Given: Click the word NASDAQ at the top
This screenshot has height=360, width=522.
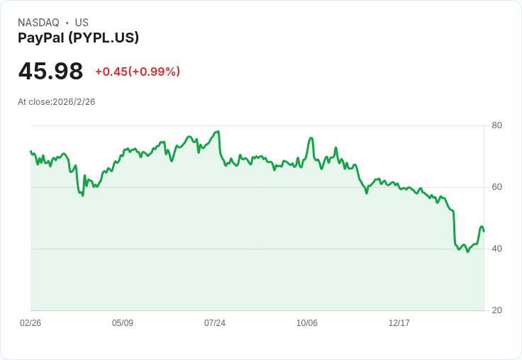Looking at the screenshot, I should [x=38, y=23].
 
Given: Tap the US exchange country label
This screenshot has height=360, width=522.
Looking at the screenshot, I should [x=82, y=23].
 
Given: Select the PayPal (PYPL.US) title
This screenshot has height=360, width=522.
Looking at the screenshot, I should [x=78, y=38].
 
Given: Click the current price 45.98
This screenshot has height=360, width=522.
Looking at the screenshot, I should [x=50, y=72].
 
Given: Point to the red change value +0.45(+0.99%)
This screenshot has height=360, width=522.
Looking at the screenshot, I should [x=138, y=72].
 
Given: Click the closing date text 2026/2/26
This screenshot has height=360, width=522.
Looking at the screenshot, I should [x=74, y=102].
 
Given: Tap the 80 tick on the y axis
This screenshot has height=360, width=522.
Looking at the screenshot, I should [x=496, y=125].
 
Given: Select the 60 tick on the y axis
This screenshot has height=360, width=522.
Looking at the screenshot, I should [x=496, y=187].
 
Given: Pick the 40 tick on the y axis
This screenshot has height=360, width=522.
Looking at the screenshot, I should [x=496, y=249].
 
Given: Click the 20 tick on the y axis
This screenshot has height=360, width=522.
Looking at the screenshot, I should [x=496, y=310].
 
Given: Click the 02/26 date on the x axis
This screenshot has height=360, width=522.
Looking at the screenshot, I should [x=30, y=323].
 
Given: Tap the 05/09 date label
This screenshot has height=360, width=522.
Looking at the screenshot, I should [x=123, y=323].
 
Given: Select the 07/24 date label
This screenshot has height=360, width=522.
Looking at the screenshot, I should [x=215, y=323].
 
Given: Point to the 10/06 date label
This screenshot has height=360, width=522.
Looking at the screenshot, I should [x=307, y=323].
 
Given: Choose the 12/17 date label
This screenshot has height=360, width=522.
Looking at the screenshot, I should [x=399, y=323].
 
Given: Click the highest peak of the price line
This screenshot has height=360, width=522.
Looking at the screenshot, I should [x=218, y=131].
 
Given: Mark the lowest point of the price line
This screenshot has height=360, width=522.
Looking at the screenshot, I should [x=467, y=252].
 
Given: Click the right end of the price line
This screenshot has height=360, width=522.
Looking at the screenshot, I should [x=484, y=231].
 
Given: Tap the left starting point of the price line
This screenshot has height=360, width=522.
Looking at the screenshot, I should [x=30, y=151].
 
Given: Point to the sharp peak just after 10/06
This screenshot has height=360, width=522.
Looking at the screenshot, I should [x=311, y=138].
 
